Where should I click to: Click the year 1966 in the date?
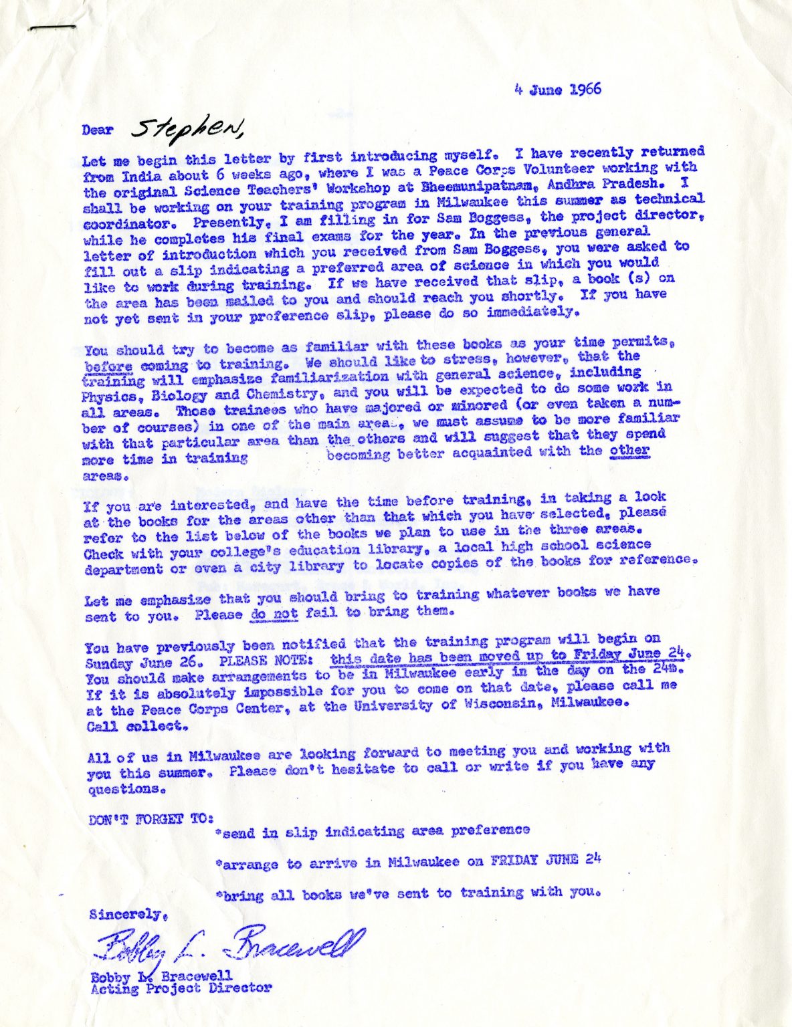click(x=585, y=90)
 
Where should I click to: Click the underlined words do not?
click(x=273, y=614)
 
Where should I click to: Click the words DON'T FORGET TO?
click(x=151, y=819)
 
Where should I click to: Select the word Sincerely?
click(x=128, y=915)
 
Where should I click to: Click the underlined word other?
click(x=629, y=450)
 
